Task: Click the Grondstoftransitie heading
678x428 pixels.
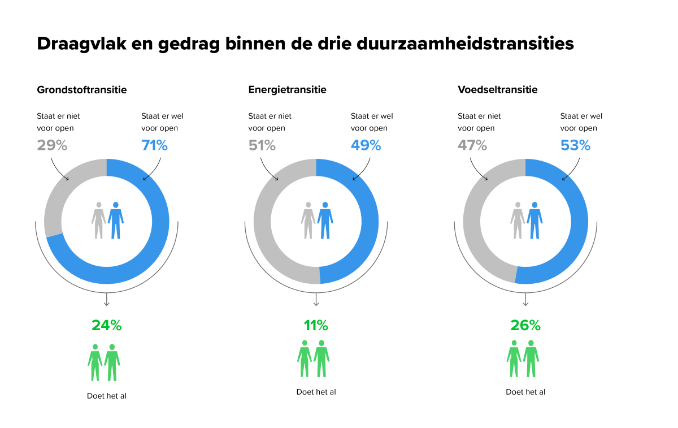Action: click(82, 90)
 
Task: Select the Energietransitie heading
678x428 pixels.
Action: click(287, 90)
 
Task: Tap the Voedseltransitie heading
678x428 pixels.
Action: click(497, 90)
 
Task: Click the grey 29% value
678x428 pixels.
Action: click(52, 145)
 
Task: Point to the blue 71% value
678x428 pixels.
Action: click(154, 145)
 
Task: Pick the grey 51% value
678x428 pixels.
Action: click(262, 145)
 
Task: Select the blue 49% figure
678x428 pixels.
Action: click(366, 145)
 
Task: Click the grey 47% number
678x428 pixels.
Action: click(472, 145)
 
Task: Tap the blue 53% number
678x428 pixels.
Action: click(575, 145)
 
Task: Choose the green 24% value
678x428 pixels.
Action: click(107, 326)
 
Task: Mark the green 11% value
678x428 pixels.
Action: click(316, 326)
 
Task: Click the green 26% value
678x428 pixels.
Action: click(525, 326)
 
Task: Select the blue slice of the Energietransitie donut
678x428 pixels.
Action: click(367, 226)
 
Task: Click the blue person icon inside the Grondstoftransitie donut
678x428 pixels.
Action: click(116, 220)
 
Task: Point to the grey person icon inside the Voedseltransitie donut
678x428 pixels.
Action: click(518, 220)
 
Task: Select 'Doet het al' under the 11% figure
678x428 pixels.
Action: click(316, 392)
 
